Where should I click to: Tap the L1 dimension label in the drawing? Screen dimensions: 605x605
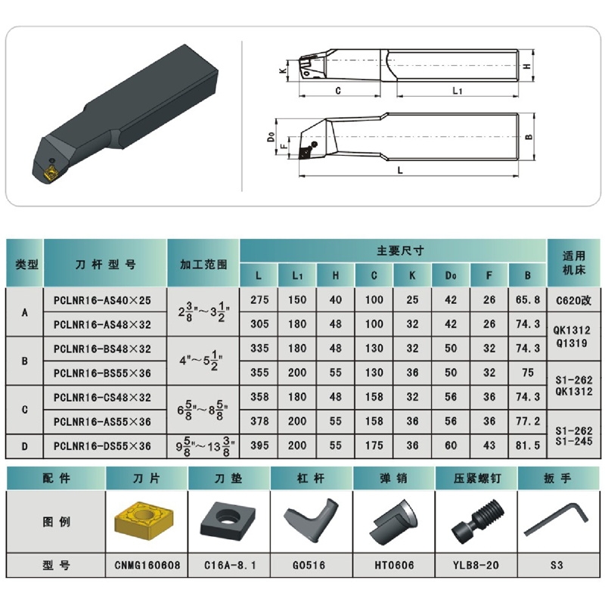(458, 91)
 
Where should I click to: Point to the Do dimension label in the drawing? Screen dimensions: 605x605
(271, 137)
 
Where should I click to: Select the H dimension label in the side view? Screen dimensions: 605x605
(526, 66)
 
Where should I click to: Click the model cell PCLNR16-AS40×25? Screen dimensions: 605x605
(102, 300)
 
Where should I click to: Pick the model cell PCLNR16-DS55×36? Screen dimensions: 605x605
(102, 446)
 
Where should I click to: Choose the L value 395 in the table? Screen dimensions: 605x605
(259, 445)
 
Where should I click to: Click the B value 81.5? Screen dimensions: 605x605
(528, 445)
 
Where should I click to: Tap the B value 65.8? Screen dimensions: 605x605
(528, 299)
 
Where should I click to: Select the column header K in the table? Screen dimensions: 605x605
(412, 275)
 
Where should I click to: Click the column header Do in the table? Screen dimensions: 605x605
(451, 275)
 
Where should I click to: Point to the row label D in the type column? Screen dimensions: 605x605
(25, 446)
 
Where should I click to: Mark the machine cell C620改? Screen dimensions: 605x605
(574, 300)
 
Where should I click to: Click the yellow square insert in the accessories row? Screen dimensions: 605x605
(144, 520)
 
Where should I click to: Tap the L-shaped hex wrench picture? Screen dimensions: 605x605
(556, 520)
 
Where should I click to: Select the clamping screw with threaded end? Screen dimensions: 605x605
(477, 521)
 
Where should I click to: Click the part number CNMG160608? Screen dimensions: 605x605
(147, 565)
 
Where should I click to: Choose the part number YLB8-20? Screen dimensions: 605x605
(476, 565)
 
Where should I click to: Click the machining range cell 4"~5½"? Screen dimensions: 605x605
(201, 361)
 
